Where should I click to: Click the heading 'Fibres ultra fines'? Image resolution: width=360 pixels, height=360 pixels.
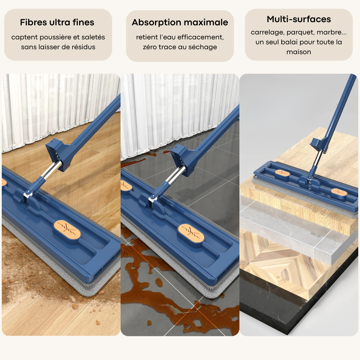coord(57,22)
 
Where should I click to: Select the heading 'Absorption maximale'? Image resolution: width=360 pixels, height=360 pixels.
coord(180,22)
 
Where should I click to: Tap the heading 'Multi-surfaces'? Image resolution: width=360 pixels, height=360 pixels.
coord(299,19)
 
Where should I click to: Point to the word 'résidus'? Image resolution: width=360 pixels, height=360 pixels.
coord(83,47)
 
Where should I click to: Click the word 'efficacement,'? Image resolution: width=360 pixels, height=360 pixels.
coord(200,37)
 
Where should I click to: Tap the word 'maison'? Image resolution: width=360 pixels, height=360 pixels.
coord(299,52)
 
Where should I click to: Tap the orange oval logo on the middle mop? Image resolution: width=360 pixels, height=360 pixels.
coord(191,233)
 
